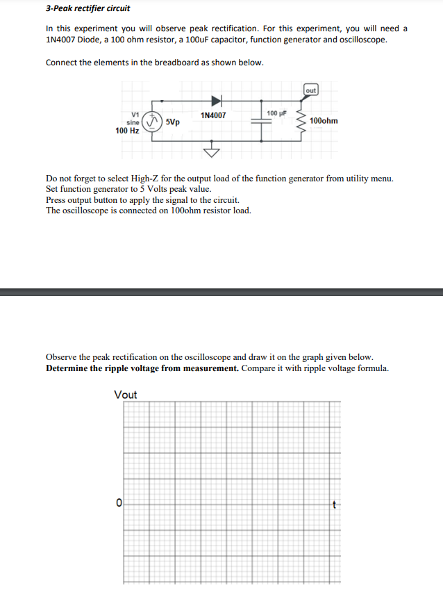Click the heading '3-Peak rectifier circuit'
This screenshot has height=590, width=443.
[87, 8]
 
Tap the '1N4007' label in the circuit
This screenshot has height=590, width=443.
[212, 115]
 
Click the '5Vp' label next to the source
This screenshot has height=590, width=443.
[173, 122]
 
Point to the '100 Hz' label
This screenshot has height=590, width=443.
[127, 130]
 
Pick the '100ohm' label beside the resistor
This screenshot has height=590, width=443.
[324, 121]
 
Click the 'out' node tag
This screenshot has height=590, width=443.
[310, 90]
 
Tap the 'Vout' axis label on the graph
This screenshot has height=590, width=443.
[126, 395]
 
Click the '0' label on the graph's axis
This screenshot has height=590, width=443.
[119, 502]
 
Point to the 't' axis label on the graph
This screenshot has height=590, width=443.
[334, 503]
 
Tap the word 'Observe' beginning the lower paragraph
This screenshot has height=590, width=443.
[62, 357]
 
